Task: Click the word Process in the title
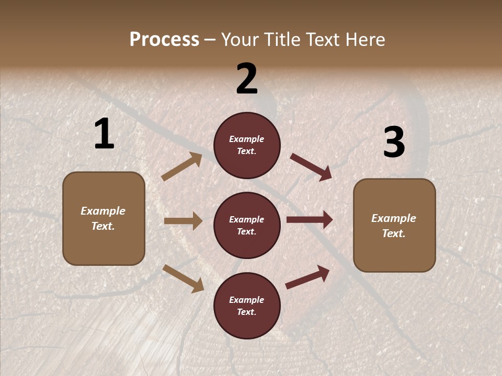click(164, 40)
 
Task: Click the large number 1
click(104, 134)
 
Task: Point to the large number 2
click(247, 79)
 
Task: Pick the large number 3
click(394, 143)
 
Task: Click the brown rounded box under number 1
click(104, 218)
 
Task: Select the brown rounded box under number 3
click(394, 226)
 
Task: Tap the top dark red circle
click(247, 145)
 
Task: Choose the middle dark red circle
click(247, 225)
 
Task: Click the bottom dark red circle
click(247, 305)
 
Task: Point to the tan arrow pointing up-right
click(182, 167)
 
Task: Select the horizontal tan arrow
click(183, 221)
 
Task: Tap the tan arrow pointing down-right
click(183, 278)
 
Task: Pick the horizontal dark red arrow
click(310, 220)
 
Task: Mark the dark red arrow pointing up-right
click(307, 277)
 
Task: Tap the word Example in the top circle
click(247, 139)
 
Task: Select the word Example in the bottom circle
click(247, 300)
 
